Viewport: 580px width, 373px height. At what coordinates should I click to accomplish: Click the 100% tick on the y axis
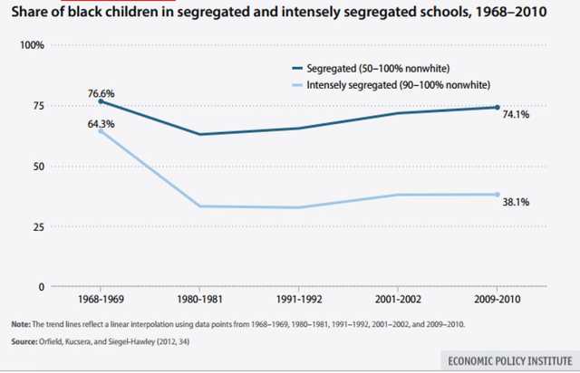[34, 45]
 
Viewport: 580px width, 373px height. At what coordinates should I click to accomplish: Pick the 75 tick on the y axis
[37, 105]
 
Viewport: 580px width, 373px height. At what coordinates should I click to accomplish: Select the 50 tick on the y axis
[37, 166]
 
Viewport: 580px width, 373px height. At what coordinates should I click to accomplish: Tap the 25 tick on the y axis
[37, 226]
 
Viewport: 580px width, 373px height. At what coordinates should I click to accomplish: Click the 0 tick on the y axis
[41, 286]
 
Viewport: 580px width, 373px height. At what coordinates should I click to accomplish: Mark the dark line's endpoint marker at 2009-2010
[496, 108]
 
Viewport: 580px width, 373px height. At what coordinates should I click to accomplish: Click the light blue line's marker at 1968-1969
[76, 131]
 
